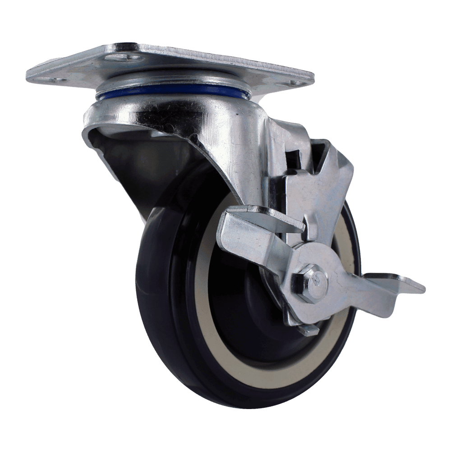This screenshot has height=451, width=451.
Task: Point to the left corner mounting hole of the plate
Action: [x=58, y=81]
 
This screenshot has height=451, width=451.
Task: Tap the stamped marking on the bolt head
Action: [x=317, y=277]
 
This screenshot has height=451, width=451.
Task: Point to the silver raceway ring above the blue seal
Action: [x=171, y=81]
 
